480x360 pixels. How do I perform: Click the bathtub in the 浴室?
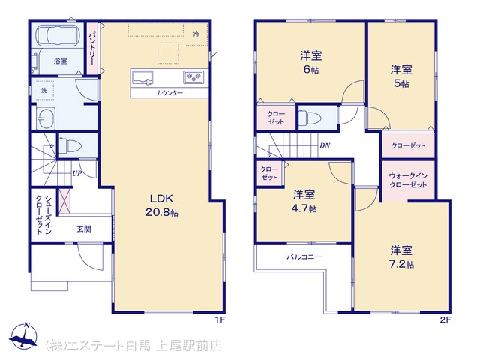pos(58,35)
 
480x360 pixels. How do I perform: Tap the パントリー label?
pos(92,48)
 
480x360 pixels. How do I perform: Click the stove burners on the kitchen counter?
pos(193,76)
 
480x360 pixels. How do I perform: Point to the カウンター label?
pos(169,93)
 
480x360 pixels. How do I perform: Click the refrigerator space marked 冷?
pos(196,34)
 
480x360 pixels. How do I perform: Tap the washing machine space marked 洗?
pos(44,90)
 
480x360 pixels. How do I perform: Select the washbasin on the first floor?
pos(46,118)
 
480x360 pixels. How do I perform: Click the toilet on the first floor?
pos(69,145)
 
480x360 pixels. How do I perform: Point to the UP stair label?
pos(77,173)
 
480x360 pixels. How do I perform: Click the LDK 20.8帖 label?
pos(162,205)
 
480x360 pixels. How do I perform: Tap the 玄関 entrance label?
pos(84,229)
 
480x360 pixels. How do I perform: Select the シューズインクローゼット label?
pos(43,215)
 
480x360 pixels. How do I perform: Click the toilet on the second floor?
pos(310,117)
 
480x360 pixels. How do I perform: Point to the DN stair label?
pos(325,145)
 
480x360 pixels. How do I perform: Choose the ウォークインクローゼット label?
pos(408,180)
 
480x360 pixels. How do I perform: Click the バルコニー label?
pos(304,256)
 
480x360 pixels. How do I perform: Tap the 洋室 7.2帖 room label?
pos(401,256)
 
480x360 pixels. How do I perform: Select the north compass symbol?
pos(23,336)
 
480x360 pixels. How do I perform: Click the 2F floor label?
pos(445,320)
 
